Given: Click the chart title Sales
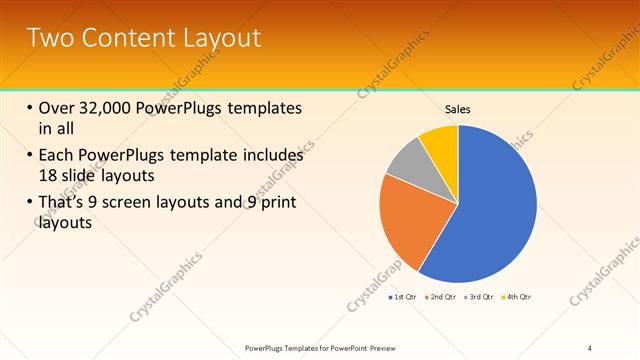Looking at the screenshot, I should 457,109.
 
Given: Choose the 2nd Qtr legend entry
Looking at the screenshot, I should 441,297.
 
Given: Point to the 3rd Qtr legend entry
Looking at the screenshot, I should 479,297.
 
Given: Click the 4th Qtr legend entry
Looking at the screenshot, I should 516,297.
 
